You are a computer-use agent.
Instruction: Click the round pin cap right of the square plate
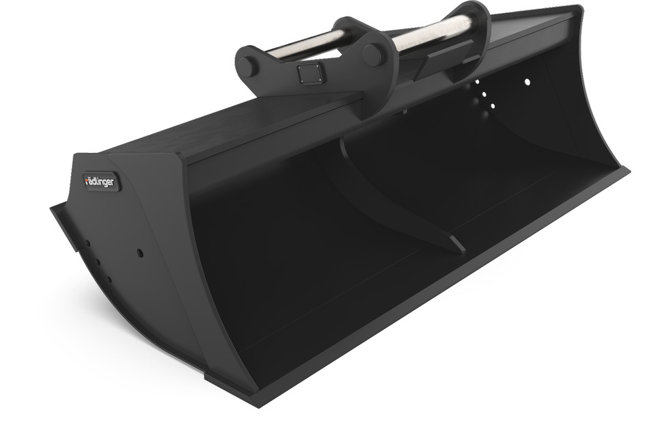372,55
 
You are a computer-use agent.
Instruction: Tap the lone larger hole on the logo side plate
140,253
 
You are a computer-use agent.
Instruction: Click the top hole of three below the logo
87,242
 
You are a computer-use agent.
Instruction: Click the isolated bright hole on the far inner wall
527,82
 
